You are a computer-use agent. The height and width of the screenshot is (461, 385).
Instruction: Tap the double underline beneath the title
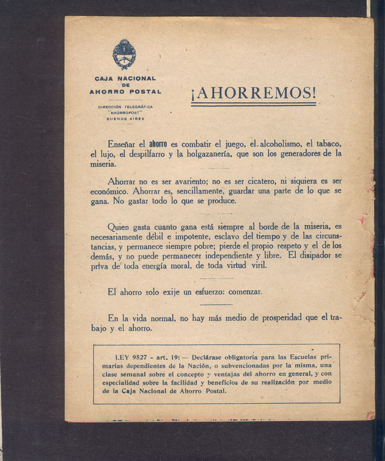point(254,104)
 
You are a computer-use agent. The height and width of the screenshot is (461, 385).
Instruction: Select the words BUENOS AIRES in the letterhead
point(125,119)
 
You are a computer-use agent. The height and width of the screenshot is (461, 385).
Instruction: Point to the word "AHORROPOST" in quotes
point(125,112)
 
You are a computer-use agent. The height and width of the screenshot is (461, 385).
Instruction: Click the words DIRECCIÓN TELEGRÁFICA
point(125,107)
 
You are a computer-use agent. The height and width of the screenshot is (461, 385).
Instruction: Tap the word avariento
point(198,181)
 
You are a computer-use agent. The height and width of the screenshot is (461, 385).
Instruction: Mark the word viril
point(256,265)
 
